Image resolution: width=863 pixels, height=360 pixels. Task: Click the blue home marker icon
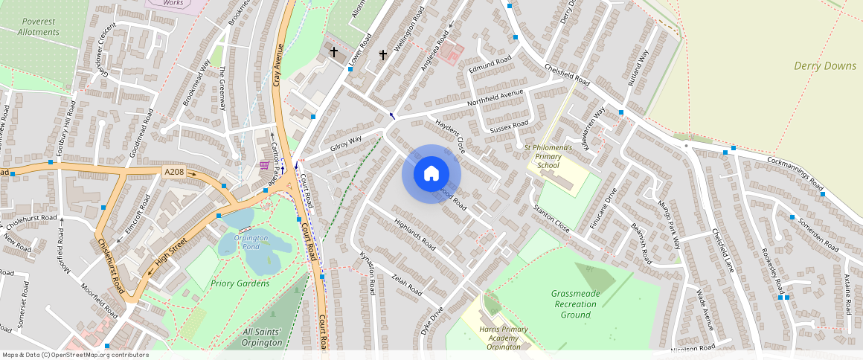click(x=431, y=174)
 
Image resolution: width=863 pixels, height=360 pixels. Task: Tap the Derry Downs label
click(x=825, y=66)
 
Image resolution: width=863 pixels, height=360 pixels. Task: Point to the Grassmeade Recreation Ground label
click(x=576, y=303)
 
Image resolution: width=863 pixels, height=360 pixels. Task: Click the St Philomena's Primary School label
click(x=548, y=156)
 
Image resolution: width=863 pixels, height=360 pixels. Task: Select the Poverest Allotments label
click(x=38, y=27)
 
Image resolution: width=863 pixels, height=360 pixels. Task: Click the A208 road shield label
click(x=173, y=173)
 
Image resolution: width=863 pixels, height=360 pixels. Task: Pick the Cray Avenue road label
click(x=279, y=65)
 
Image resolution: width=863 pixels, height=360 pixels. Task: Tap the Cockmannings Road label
click(x=796, y=173)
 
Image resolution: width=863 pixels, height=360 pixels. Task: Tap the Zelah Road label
click(x=407, y=284)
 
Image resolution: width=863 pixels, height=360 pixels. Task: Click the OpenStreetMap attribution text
click(x=76, y=355)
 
